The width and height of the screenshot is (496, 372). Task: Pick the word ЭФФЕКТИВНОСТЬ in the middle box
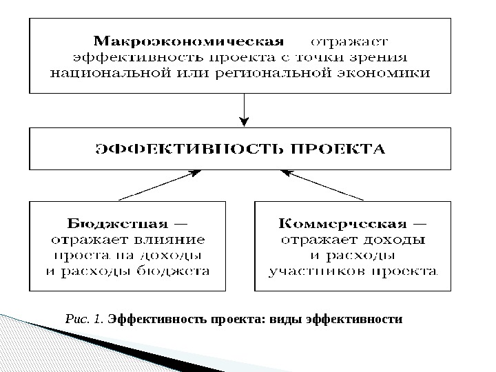pyautogui.click(x=186, y=148)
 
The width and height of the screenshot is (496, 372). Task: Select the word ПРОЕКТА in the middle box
pyautogui.click(x=335, y=148)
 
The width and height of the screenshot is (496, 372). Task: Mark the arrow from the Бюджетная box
pyautogui.click(x=163, y=185)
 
